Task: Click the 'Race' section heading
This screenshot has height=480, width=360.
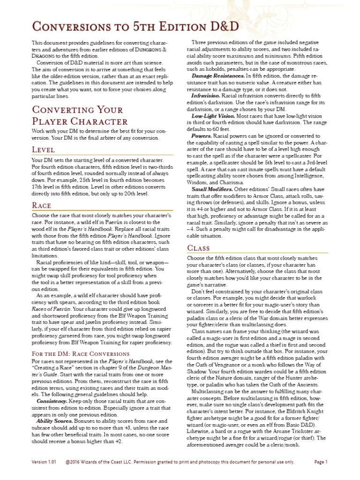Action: tap(41, 205)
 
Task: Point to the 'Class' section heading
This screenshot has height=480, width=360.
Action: tap(199, 247)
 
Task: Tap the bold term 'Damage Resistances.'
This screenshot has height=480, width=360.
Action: tap(218, 75)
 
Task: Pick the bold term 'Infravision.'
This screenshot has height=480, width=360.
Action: tap(208, 95)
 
